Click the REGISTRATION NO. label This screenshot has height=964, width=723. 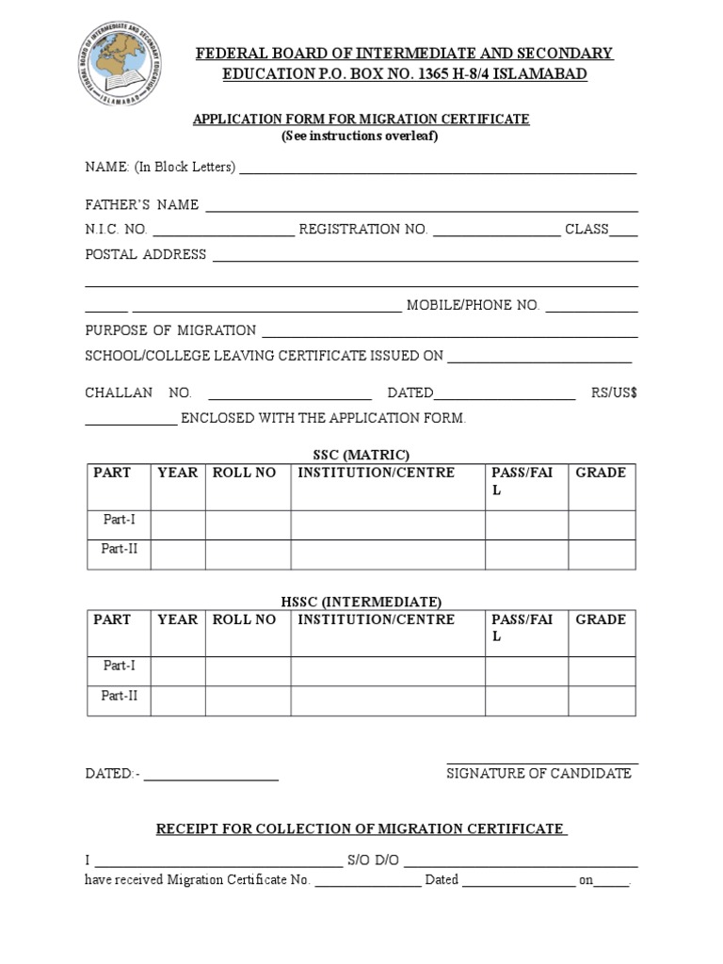tap(363, 229)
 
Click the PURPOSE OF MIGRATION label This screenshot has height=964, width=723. tap(170, 330)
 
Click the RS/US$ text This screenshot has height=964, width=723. tap(614, 393)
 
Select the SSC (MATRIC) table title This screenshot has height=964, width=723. tap(361, 454)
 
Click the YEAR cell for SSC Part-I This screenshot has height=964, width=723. tap(178, 522)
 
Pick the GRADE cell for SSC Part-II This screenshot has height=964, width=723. tap(601, 554)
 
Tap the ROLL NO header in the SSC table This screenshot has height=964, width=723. tap(245, 473)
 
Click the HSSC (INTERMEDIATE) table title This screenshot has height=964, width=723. tap(361, 601)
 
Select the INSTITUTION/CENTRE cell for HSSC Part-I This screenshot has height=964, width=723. tap(388, 670)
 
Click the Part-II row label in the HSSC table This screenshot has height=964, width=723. tap(120, 696)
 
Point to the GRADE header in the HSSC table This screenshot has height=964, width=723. tap(601, 619)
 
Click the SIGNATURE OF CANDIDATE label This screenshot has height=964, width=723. tap(539, 773)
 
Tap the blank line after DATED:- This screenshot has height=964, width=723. tap(211, 775)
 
